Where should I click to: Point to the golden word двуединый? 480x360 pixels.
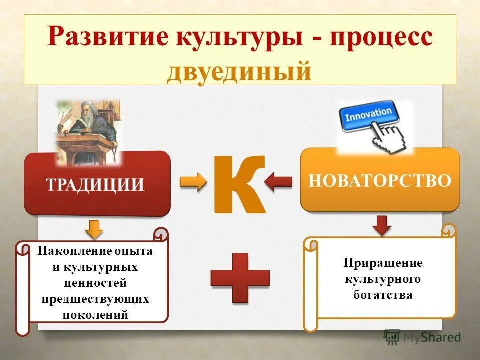[x=239, y=70]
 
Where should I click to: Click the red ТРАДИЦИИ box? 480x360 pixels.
[x=97, y=184]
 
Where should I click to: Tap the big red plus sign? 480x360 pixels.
[x=240, y=277]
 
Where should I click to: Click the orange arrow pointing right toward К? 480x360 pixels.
[x=193, y=182]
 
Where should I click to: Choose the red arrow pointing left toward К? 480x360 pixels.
[x=278, y=182]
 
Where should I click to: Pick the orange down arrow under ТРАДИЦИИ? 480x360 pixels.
[x=93, y=228]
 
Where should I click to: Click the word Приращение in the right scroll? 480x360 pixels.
[x=383, y=263]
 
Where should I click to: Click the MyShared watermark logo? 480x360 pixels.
[x=423, y=337]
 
